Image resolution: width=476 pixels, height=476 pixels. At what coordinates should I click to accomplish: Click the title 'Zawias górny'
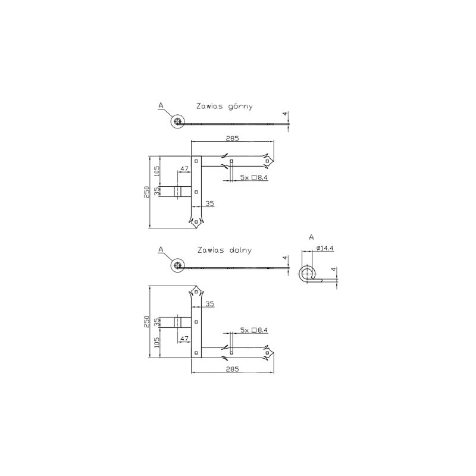click(224, 107)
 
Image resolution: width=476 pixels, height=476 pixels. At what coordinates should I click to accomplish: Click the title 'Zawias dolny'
click(224, 250)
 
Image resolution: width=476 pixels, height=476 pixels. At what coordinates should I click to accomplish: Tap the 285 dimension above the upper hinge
click(233, 139)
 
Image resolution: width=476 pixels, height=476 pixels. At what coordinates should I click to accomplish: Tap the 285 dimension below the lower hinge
click(233, 369)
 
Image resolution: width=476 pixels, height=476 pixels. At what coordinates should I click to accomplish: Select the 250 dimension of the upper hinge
click(147, 192)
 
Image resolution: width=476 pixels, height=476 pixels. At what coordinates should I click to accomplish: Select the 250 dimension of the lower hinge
click(147, 322)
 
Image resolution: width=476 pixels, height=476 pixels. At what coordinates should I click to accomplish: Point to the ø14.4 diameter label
click(325, 248)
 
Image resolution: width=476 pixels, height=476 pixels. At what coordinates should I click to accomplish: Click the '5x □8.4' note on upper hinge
click(254, 177)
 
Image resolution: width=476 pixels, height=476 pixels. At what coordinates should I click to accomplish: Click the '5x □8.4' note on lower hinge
click(254, 330)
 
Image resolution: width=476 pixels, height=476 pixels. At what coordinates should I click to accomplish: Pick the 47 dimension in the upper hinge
click(184, 169)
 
